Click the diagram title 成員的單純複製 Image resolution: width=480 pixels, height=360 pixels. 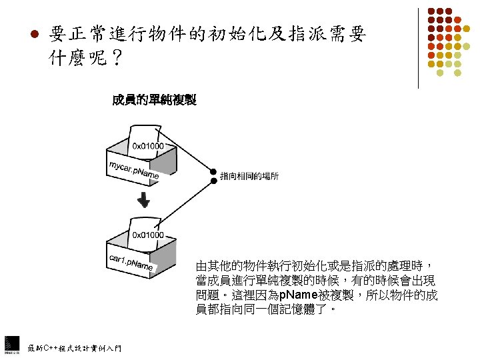pos(154,101)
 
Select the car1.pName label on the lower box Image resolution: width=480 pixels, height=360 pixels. pos(131,261)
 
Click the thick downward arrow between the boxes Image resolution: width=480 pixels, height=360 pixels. pos(142,199)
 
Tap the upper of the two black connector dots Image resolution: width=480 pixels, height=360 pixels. pos(213,171)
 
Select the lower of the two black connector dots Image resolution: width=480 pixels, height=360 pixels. pos(213,180)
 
